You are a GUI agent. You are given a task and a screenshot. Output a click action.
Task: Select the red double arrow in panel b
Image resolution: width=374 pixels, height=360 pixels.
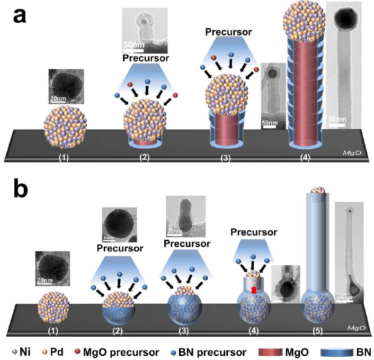(x=254, y=290)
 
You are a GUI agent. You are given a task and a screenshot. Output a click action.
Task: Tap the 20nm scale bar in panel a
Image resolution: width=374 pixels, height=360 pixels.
(x=59, y=98)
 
